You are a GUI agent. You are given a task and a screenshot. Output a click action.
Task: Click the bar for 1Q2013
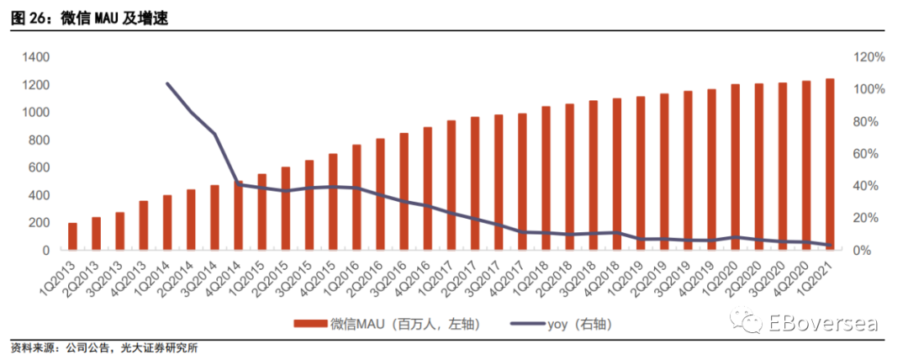tap(72, 236)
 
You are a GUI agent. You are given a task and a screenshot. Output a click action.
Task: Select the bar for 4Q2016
tap(427, 188)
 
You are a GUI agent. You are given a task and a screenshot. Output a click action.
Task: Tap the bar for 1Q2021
tap(830, 164)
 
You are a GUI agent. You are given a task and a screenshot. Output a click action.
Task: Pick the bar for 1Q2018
tap(546, 178)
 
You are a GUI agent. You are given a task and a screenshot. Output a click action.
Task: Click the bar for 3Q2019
tap(688, 171)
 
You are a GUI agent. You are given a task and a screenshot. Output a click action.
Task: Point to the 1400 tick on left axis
tap(37, 57)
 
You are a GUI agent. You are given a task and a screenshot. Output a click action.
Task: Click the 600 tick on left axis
tap(40, 167)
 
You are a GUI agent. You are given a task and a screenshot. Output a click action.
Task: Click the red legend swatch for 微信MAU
tap(312, 324)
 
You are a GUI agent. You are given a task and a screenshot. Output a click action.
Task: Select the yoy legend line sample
tap(527, 324)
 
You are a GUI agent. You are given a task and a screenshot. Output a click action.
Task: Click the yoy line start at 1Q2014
tap(167, 83)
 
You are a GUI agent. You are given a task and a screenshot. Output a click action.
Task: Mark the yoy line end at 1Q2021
tap(830, 246)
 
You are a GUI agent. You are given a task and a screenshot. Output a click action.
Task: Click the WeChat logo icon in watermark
tap(747, 321)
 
